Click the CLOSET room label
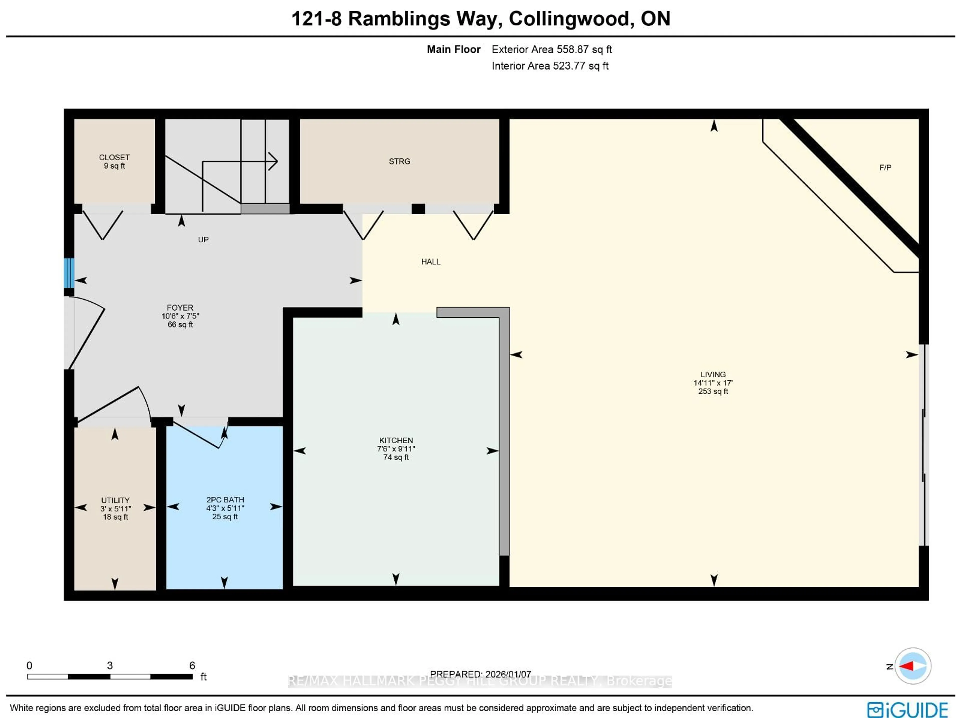point(114,157)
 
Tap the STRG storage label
point(399,161)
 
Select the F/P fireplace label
point(885,167)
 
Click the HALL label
point(430,261)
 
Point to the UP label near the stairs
point(203,239)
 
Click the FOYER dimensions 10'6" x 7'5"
point(180,316)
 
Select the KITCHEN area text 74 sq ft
point(396,457)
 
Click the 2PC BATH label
point(225,499)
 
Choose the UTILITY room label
point(115,500)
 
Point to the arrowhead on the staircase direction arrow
point(274,161)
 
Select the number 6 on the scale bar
point(192,665)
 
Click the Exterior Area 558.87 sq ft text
point(551,49)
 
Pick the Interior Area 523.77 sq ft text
point(550,66)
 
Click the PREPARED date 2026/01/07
point(508,674)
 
